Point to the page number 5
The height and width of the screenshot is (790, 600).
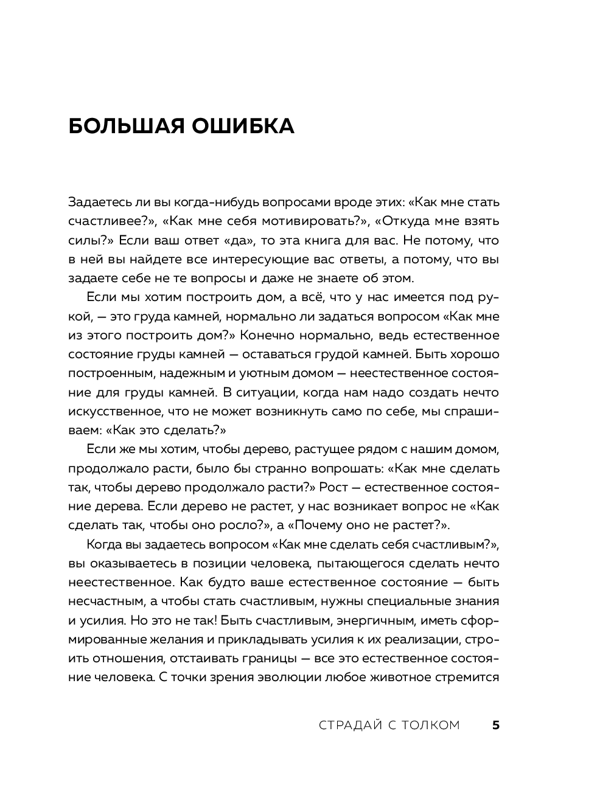click(496, 725)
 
